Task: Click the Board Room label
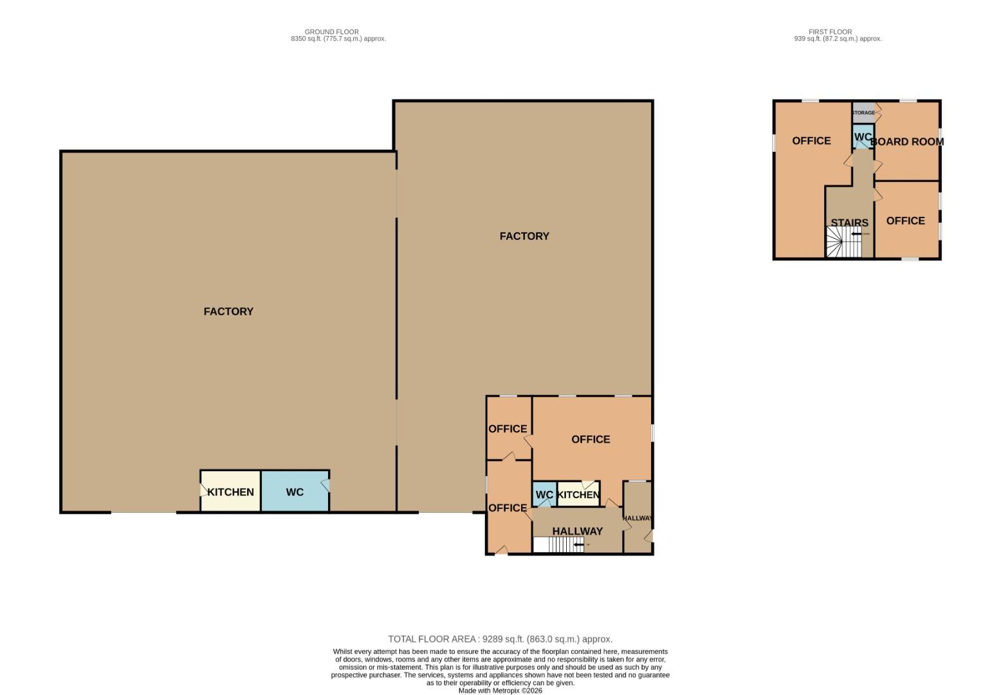(908, 142)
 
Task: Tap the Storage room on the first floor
(863, 113)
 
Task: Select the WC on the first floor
(862, 137)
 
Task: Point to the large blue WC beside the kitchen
(295, 492)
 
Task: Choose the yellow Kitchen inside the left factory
(230, 492)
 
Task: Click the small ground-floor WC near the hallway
(544, 495)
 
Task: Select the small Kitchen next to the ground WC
(578, 495)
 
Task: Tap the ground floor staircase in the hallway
(558, 545)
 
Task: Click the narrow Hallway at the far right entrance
(637, 518)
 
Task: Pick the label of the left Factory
(228, 311)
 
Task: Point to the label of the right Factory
(524, 236)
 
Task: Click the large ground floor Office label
(591, 440)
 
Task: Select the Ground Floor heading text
(332, 32)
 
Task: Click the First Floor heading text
(831, 32)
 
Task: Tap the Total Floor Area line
(500, 639)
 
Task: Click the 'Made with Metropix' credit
(500, 690)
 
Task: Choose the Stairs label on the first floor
(849, 223)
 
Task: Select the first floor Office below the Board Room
(905, 221)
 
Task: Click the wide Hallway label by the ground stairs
(577, 532)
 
